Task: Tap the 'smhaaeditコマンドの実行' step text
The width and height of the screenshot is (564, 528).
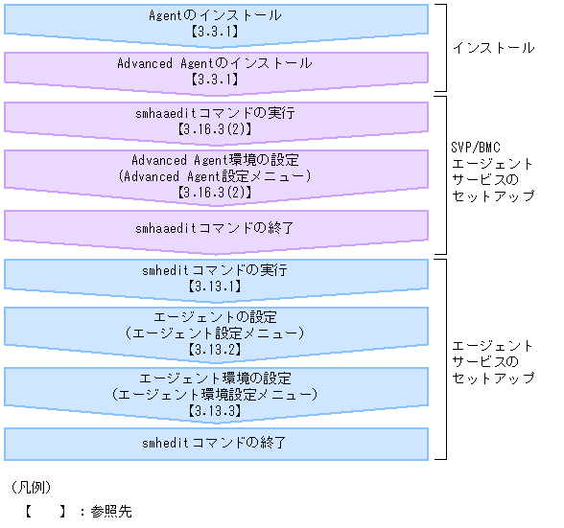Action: pos(215,112)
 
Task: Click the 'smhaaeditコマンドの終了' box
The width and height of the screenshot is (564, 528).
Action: pos(215,227)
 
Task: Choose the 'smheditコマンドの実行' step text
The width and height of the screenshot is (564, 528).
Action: pos(215,270)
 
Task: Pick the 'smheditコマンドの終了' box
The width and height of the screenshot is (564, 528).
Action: pos(215,443)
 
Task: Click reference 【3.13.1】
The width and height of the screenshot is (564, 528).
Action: pos(215,287)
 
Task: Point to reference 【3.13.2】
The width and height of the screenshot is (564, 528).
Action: pos(215,349)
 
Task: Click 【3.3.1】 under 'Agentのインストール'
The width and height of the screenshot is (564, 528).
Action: pos(215,32)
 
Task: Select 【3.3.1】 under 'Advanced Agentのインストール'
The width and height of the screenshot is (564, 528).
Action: pos(215,80)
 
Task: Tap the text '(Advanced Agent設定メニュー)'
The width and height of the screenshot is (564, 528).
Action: pos(215,175)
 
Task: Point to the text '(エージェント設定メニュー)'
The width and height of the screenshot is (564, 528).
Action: pos(215,333)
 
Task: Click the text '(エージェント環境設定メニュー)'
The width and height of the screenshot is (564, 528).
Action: pos(215,395)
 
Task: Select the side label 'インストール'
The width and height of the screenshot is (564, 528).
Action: pos(492,47)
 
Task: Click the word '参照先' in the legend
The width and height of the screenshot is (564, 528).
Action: pos(111,512)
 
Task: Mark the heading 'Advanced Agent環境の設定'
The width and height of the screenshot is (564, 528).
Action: pos(215,160)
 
